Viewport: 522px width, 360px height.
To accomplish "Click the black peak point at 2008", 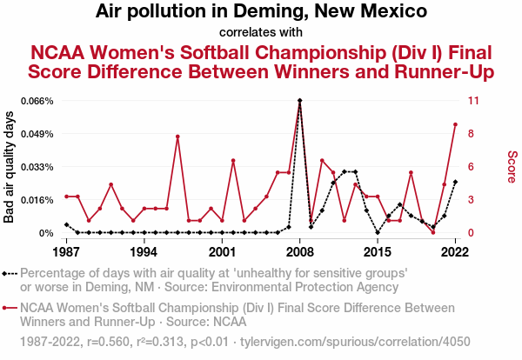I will [300, 101].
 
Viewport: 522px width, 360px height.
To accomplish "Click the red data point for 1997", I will [177, 137].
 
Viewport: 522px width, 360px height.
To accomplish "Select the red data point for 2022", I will [455, 124].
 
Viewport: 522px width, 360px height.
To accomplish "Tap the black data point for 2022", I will [455, 182].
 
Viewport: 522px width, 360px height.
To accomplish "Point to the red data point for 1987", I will [66, 197].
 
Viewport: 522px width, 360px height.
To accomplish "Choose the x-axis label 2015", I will [378, 251].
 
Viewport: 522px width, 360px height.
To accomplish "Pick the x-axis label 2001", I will [222, 251].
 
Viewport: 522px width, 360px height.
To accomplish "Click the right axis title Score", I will [512, 166].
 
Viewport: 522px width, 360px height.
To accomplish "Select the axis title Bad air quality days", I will [10, 166].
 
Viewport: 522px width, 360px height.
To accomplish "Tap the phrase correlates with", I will [261, 32].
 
